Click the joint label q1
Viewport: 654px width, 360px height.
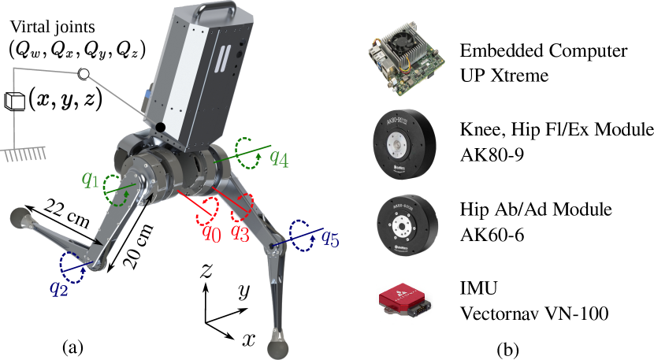[90, 180]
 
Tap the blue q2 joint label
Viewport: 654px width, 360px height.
[59, 288]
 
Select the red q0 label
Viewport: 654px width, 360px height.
[211, 234]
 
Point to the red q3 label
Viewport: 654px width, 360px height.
[240, 232]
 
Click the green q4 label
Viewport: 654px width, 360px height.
[280, 158]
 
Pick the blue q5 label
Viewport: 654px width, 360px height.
[330, 238]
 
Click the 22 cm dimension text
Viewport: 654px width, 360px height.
[67, 213]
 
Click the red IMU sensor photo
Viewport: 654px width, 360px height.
[403, 299]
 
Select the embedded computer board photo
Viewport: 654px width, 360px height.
[403, 62]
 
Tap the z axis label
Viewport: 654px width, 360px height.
[205, 271]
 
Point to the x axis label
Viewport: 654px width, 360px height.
[247, 340]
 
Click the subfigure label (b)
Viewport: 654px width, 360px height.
[507, 348]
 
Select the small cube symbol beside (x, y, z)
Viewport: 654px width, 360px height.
[15, 101]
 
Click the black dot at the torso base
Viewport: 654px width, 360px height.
[160, 128]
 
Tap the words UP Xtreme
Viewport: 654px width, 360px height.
[504, 76]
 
